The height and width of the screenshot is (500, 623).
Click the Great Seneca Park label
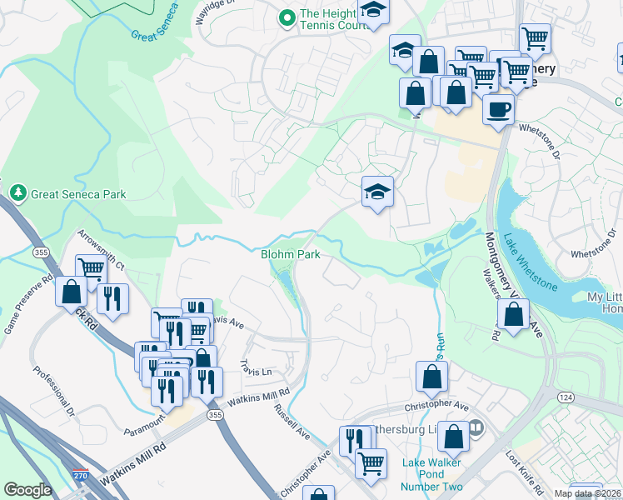coord(78,194)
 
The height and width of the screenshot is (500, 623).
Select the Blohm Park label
coord(291,255)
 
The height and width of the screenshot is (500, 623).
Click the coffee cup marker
coord(499,109)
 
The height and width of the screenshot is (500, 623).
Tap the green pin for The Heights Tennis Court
coord(287,16)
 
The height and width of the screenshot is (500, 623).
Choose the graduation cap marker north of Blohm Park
coord(377,192)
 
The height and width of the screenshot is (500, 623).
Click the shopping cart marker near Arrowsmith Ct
coord(91,268)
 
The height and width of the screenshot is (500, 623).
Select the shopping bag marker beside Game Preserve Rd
coord(71,291)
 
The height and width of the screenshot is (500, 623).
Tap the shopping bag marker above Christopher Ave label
coord(431,377)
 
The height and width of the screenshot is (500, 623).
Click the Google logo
coord(27,490)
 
